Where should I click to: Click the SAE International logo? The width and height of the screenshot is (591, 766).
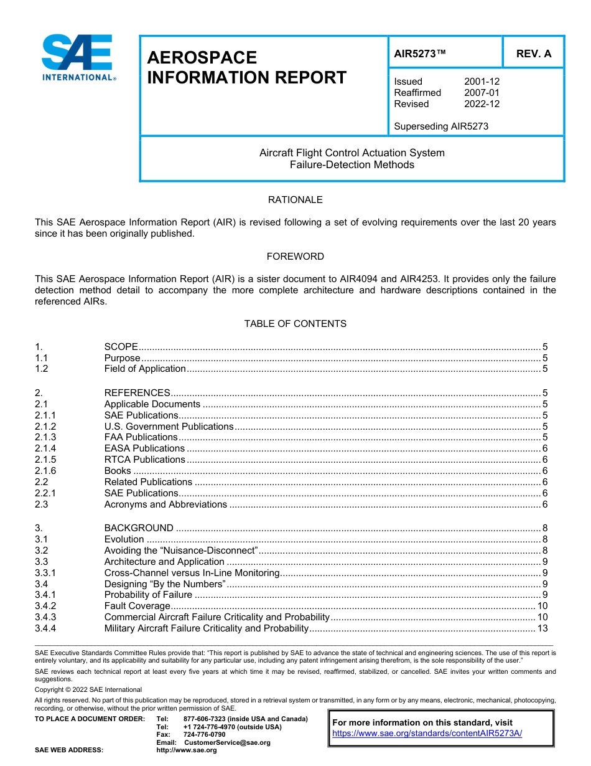[78, 57]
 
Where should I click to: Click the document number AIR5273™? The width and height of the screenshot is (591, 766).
[420, 54]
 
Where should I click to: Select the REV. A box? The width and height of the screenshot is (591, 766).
[533, 54]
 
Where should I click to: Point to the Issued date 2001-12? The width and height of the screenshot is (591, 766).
[482, 82]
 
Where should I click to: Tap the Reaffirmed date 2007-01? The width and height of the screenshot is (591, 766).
[482, 93]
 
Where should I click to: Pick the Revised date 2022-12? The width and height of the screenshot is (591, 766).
[482, 104]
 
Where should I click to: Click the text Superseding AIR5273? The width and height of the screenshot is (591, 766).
[441, 126]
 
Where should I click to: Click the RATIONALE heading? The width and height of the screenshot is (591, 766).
[295, 200]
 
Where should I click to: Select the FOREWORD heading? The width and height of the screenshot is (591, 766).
[295, 257]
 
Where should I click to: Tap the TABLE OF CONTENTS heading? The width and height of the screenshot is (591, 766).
[295, 324]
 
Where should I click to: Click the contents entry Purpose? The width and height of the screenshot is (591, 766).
[122, 358]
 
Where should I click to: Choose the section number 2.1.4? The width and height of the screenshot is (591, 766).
[45, 448]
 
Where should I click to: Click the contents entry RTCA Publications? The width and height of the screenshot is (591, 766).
[144, 460]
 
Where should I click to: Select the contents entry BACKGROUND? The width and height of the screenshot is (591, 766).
[139, 528]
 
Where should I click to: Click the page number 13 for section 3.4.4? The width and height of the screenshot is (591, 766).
[542, 628]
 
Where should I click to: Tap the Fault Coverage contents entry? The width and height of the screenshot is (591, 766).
[137, 606]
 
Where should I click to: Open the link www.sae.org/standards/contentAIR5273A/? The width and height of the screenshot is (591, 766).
[427, 734]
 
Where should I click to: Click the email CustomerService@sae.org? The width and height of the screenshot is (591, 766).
[227, 742]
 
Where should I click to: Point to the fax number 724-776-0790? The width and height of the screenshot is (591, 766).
[204, 735]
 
